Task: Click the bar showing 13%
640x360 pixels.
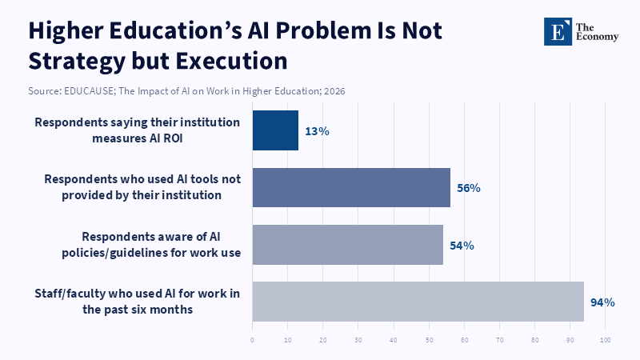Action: [x=275, y=130]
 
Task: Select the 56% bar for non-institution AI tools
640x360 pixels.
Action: [x=351, y=187]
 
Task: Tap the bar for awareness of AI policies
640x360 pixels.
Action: [x=347, y=245]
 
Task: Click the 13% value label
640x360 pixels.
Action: [x=317, y=131]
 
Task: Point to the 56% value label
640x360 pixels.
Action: [x=468, y=188]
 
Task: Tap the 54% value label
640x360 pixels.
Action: [x=462, y=246]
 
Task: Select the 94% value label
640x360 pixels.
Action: [x=602, y=302]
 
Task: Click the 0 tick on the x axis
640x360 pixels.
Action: [x=252, y=340]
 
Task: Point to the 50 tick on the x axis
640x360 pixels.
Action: [x=429, y=340]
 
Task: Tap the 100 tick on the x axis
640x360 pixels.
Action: [x=605, y=340]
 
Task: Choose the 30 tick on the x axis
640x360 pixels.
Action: [x=358, y=340]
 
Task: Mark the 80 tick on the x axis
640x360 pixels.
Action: [x=534, y=340]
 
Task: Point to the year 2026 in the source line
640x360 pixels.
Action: [x=334, y=91]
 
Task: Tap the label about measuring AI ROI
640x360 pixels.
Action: [x=138, y=130]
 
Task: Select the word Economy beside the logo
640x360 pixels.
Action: [x=601, y=37]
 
